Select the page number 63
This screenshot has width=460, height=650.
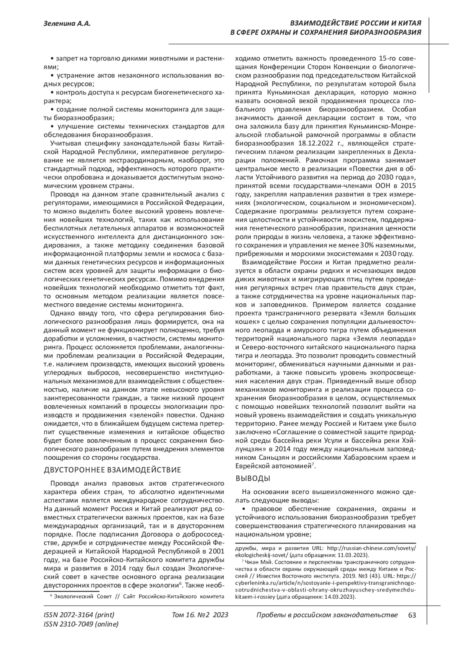(x=412, y=615)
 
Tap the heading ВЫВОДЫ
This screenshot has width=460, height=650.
(x=253, y=478)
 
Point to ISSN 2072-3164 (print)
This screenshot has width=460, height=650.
(x=79, y=615)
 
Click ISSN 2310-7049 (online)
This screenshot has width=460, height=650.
(x=81, y=624)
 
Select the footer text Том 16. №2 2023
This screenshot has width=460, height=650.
(x=200, y=615)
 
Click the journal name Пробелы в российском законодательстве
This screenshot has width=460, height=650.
(x=326, y=615)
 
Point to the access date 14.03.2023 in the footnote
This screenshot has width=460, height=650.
(x=339, y=597)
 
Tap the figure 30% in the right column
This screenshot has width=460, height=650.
(x=366, y=245)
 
